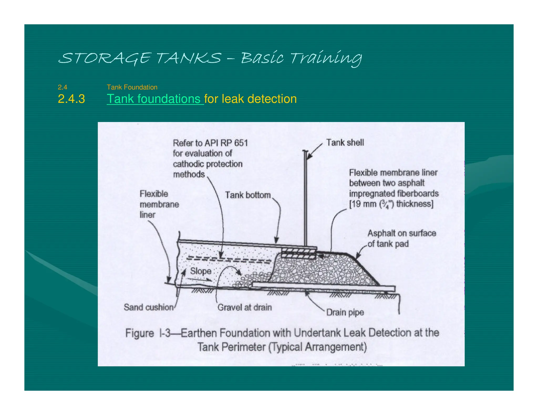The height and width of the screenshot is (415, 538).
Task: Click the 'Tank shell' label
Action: pos(345,142)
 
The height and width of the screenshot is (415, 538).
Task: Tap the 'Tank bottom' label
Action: pos(248,195)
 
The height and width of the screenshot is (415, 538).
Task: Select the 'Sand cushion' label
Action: pos(148,307)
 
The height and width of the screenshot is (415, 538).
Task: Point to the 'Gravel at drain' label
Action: pos(245,307)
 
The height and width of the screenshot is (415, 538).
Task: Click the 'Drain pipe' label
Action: pos(345,312)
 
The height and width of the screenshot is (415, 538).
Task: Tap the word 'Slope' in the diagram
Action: pos(201,271)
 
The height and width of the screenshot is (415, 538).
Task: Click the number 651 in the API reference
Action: pos(241,143)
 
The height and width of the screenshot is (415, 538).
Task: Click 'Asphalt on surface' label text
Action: pos(402,233)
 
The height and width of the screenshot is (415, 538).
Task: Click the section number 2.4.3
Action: pos(71,99)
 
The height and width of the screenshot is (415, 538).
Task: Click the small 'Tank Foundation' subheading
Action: pos(132,87)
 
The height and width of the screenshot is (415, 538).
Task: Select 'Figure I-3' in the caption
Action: pos(148,333)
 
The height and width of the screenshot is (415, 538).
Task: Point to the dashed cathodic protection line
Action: pos(229,260)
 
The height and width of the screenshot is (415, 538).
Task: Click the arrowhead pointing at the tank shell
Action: pos(309,157)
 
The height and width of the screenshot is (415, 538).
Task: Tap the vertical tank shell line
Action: pos(306,199)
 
